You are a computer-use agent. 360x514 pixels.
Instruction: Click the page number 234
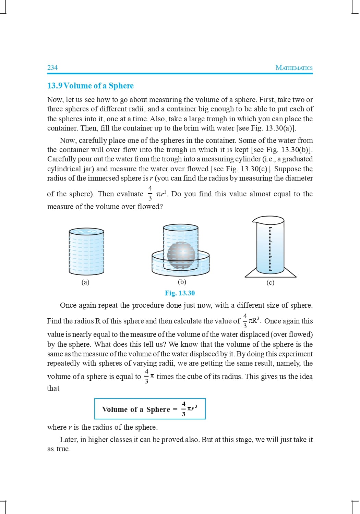[x=52, y=68]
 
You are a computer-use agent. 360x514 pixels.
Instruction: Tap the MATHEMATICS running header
[x=294, y=68]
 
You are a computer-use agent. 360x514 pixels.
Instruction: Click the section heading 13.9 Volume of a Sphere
[x=91, y=86]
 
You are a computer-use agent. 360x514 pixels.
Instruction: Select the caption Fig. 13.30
[x=180, y=293]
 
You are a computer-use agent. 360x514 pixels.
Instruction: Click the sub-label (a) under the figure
[x=85, y=282]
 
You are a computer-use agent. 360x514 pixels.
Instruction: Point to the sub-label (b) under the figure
[x=182, y=282]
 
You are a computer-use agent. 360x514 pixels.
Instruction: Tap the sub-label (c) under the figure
[x=270, y=282]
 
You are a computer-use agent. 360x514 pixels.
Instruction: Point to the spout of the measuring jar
[x=254, y=219]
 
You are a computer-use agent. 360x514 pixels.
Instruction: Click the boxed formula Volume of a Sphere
[x=150, y=409]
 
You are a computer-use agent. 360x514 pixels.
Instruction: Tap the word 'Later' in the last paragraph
[x=69, y=440]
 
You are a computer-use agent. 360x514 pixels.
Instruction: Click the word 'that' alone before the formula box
[x=53, y=388]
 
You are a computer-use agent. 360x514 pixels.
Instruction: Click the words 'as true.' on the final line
[x=59, y=449]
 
